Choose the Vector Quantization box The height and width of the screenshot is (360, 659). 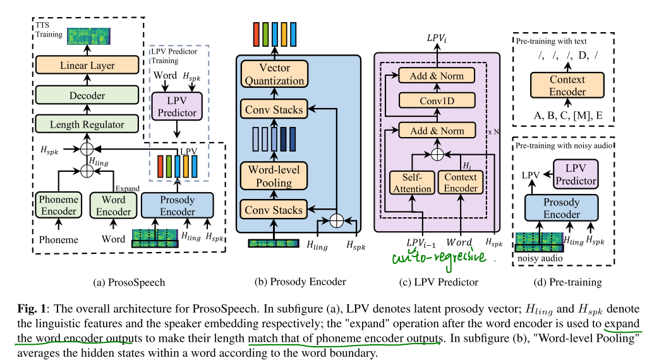tap(274, 75)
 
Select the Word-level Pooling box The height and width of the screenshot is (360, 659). tap(274, 176)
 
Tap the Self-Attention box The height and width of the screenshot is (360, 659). tap(413, 182)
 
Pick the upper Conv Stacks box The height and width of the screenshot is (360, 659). tap(274, 109)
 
